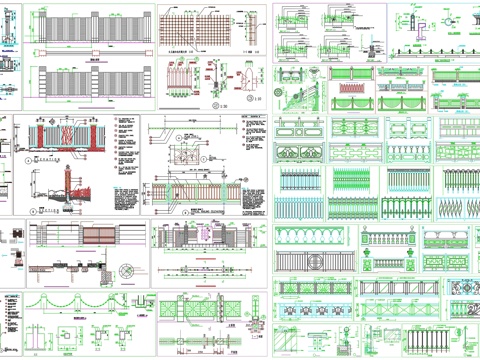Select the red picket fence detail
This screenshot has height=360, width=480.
click(179, 78)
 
